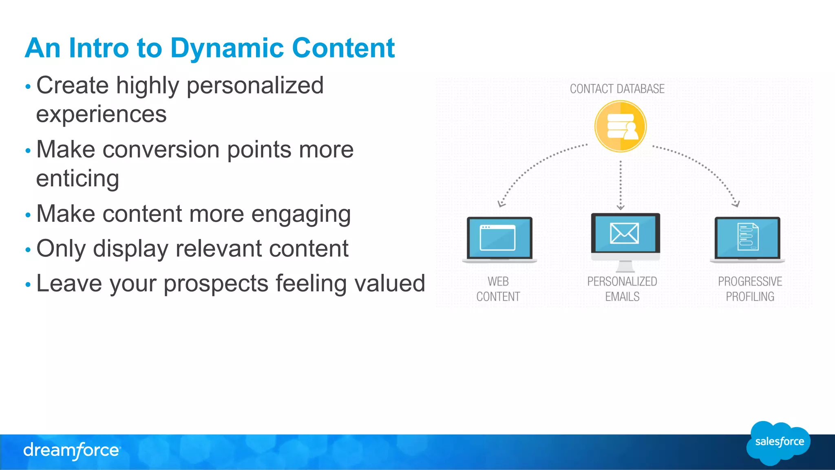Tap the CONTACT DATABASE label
[617, 89]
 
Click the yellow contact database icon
[620, 126]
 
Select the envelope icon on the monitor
[624, 233]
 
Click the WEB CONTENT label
[498, 289]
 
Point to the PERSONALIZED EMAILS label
[622, 289]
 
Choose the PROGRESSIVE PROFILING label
[750, 289]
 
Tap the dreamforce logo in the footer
[72, 450]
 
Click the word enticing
[77, 179]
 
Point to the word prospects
[216, 284]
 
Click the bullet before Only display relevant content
[28, 249]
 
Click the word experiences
[101, 115]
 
